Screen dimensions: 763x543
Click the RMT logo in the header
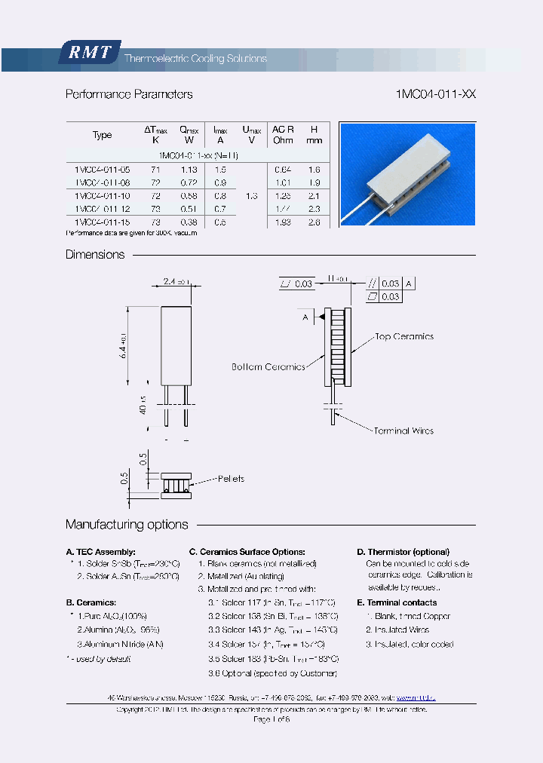point(89,52)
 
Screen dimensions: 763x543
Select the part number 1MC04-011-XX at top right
point(435,94)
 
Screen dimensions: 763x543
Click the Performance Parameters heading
point(129,94)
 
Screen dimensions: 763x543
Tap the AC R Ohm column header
point(283,135)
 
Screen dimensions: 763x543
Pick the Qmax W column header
point(189,135)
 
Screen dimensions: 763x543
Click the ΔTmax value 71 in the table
point(156,170)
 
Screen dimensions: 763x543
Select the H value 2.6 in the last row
point(314,222)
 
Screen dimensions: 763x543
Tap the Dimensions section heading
point(95,255)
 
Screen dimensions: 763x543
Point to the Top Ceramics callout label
point(404,337)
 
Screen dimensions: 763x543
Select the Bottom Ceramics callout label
point(268,367)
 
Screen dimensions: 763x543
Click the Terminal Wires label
point(403,431)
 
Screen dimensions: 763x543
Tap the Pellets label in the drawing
point(231,479)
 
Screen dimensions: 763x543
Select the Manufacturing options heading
point(127,525)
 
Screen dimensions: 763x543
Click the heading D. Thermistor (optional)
point(403,552)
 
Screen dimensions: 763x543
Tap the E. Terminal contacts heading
point(397,602)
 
